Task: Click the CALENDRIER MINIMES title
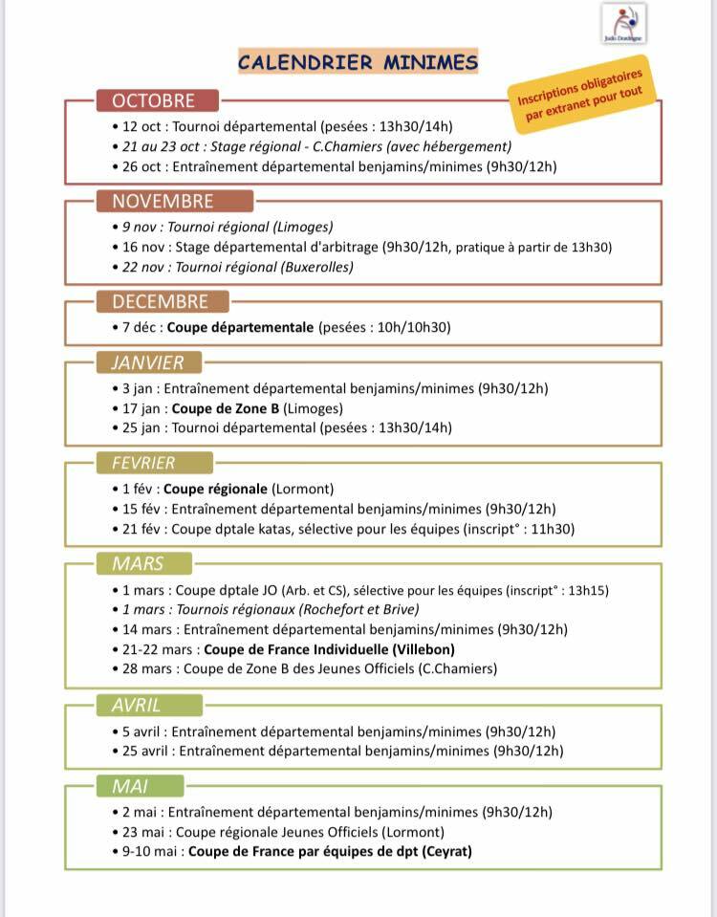click(358, 63)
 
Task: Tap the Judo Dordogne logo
click(623, 23)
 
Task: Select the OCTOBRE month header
click(154, 100)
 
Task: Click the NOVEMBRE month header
click(163, 201)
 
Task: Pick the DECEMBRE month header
click(161, 301)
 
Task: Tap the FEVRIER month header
click(143, 463)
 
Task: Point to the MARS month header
click(137, 563)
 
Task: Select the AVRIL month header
click(136, 705)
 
